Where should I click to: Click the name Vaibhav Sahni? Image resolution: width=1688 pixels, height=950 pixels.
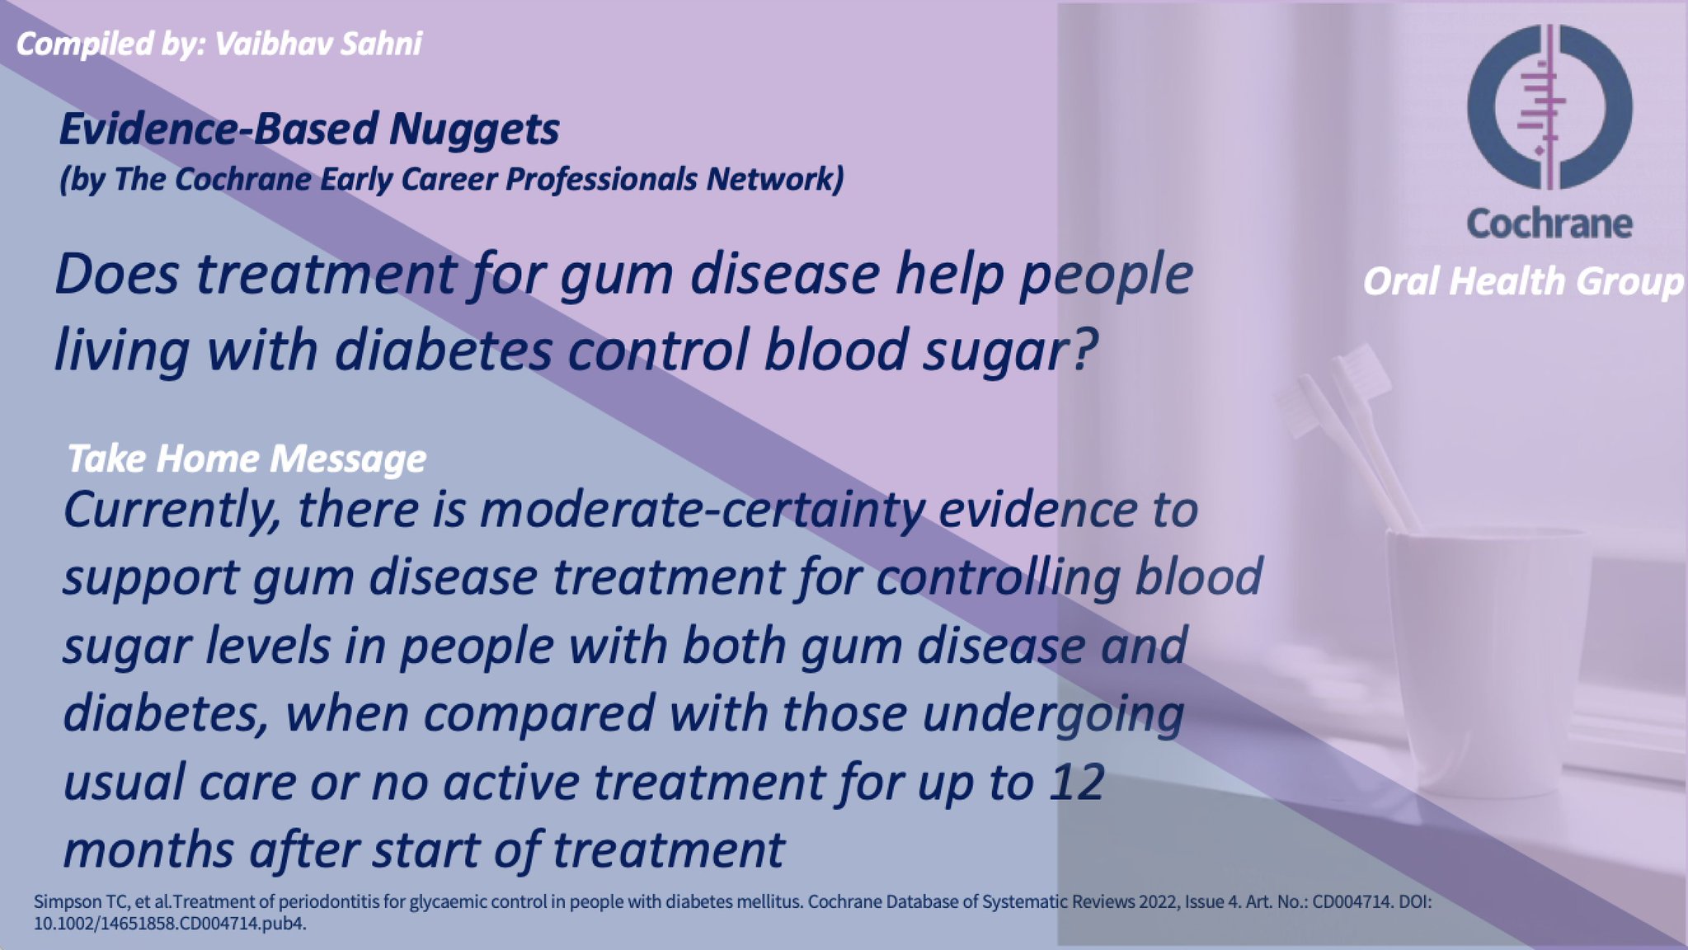pos(318,44)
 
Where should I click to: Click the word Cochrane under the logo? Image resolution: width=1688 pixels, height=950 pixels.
pos(1549,223)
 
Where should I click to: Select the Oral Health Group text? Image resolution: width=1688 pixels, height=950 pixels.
pos(1523,281)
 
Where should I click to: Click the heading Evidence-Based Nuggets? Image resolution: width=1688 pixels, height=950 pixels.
pos(309,129)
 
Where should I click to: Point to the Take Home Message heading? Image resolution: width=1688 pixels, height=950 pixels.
pos(247,459)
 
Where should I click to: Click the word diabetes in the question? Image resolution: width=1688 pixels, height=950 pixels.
pos(443,349)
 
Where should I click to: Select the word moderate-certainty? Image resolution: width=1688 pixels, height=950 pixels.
pos(702,510)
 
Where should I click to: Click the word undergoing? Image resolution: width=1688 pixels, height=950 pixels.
pos(1053,714)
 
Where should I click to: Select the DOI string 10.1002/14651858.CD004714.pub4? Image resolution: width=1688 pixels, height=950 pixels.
pos(170,923)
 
